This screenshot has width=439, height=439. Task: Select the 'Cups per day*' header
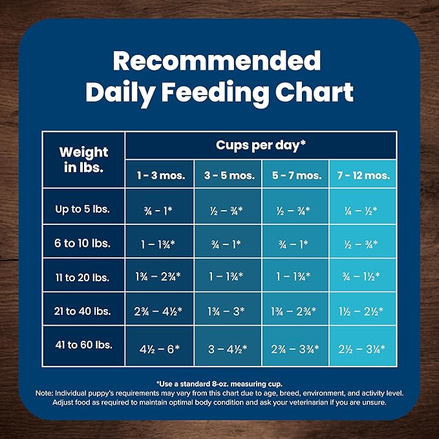261,145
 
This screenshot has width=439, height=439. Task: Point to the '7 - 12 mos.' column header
363,175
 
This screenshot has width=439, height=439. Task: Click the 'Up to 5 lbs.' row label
83,209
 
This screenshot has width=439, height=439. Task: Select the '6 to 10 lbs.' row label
83,243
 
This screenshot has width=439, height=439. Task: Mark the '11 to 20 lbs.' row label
83,277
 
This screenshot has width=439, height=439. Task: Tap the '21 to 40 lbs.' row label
83,311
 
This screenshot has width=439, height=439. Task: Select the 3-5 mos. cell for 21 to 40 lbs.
227,312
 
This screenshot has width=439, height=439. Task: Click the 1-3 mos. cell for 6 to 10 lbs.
159,244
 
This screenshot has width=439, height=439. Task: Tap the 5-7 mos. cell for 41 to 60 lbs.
295,348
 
